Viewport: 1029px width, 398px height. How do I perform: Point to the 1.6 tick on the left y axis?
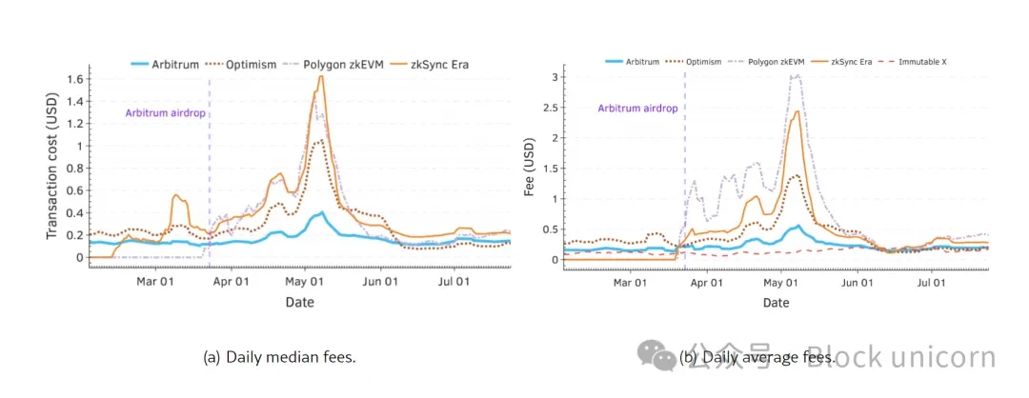(x=74, y=79)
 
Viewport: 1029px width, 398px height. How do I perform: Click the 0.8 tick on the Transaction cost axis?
(x=74, y=169)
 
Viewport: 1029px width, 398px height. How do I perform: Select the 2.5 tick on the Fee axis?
(x=546, y=108)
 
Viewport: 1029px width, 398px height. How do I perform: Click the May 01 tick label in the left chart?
(x=305, y=281)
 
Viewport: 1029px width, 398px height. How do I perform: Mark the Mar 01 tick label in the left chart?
(x=154, y=281)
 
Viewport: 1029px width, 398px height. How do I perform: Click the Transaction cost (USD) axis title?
(x=52, y=167)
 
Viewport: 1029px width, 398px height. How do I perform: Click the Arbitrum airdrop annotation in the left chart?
(x=166, y=113)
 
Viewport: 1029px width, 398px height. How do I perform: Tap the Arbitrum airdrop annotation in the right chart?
(x=637, y=109)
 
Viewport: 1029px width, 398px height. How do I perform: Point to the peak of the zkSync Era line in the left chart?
(x=321, y=76)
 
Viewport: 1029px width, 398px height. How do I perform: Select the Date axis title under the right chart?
(x=776, y=303)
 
